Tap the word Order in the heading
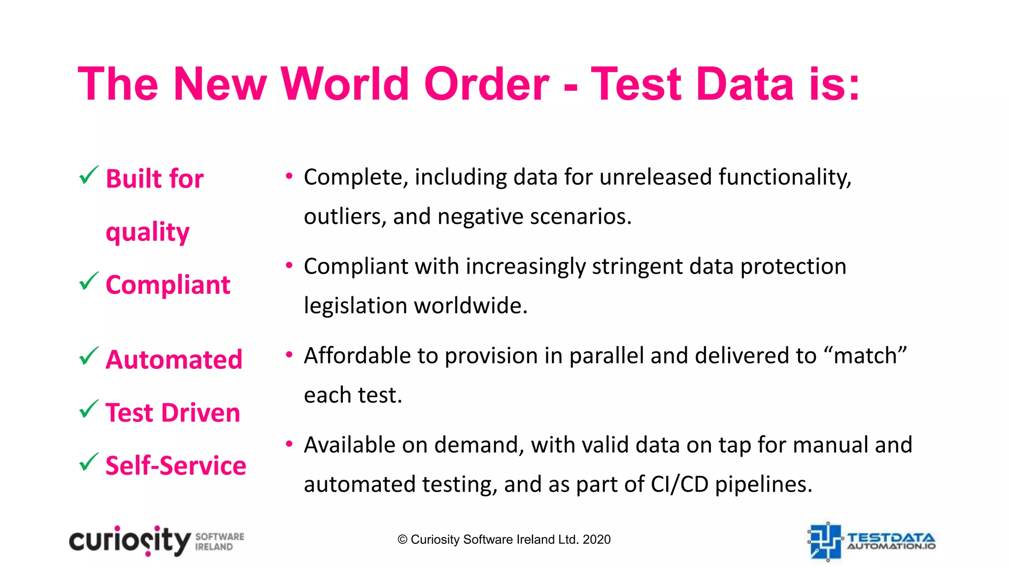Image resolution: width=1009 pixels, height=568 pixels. [486, 84]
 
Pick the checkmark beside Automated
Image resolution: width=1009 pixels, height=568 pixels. [89, 356]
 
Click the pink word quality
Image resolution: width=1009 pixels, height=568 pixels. [148, 232]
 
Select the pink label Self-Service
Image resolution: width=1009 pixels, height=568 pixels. [176, 465]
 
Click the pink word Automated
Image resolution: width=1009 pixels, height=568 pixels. [174, 359]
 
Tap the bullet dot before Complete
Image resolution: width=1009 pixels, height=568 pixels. [289, 176]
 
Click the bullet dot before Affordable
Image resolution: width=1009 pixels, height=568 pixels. [289, 355]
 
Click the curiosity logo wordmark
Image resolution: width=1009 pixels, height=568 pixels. [130, 541]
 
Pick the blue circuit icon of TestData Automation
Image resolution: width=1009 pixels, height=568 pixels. [825, 541]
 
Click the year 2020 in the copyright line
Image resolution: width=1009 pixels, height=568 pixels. [597, 540]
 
